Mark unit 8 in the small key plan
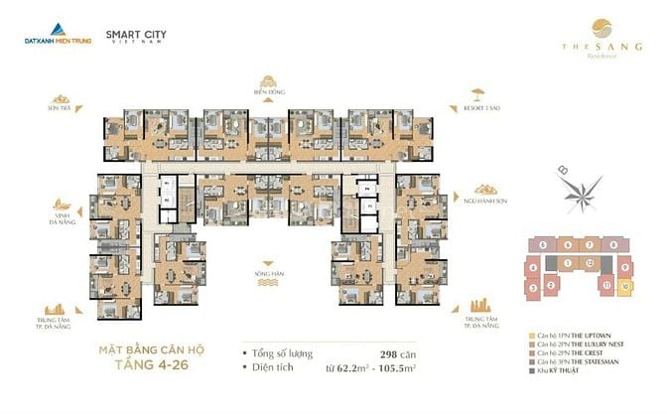point(614,243)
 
